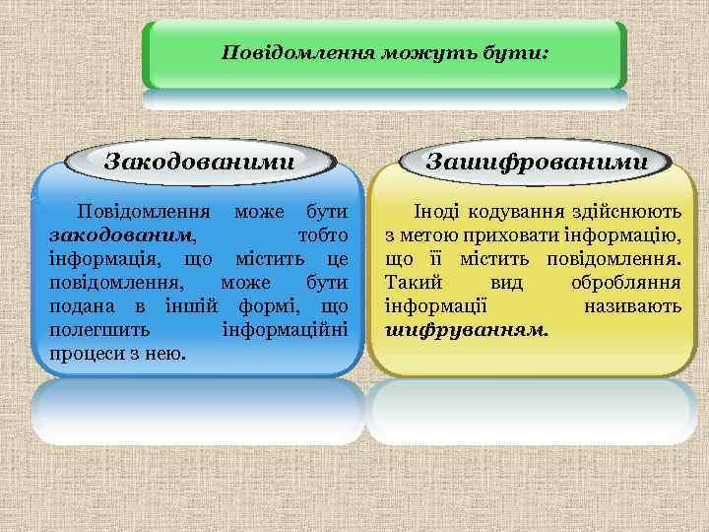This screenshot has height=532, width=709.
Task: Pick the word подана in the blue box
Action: tap(80, 305)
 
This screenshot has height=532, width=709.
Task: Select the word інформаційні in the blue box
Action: tap(287, 328)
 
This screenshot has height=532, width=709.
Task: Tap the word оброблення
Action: tap(626, 282)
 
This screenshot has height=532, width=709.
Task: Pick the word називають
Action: tap(632, 305)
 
